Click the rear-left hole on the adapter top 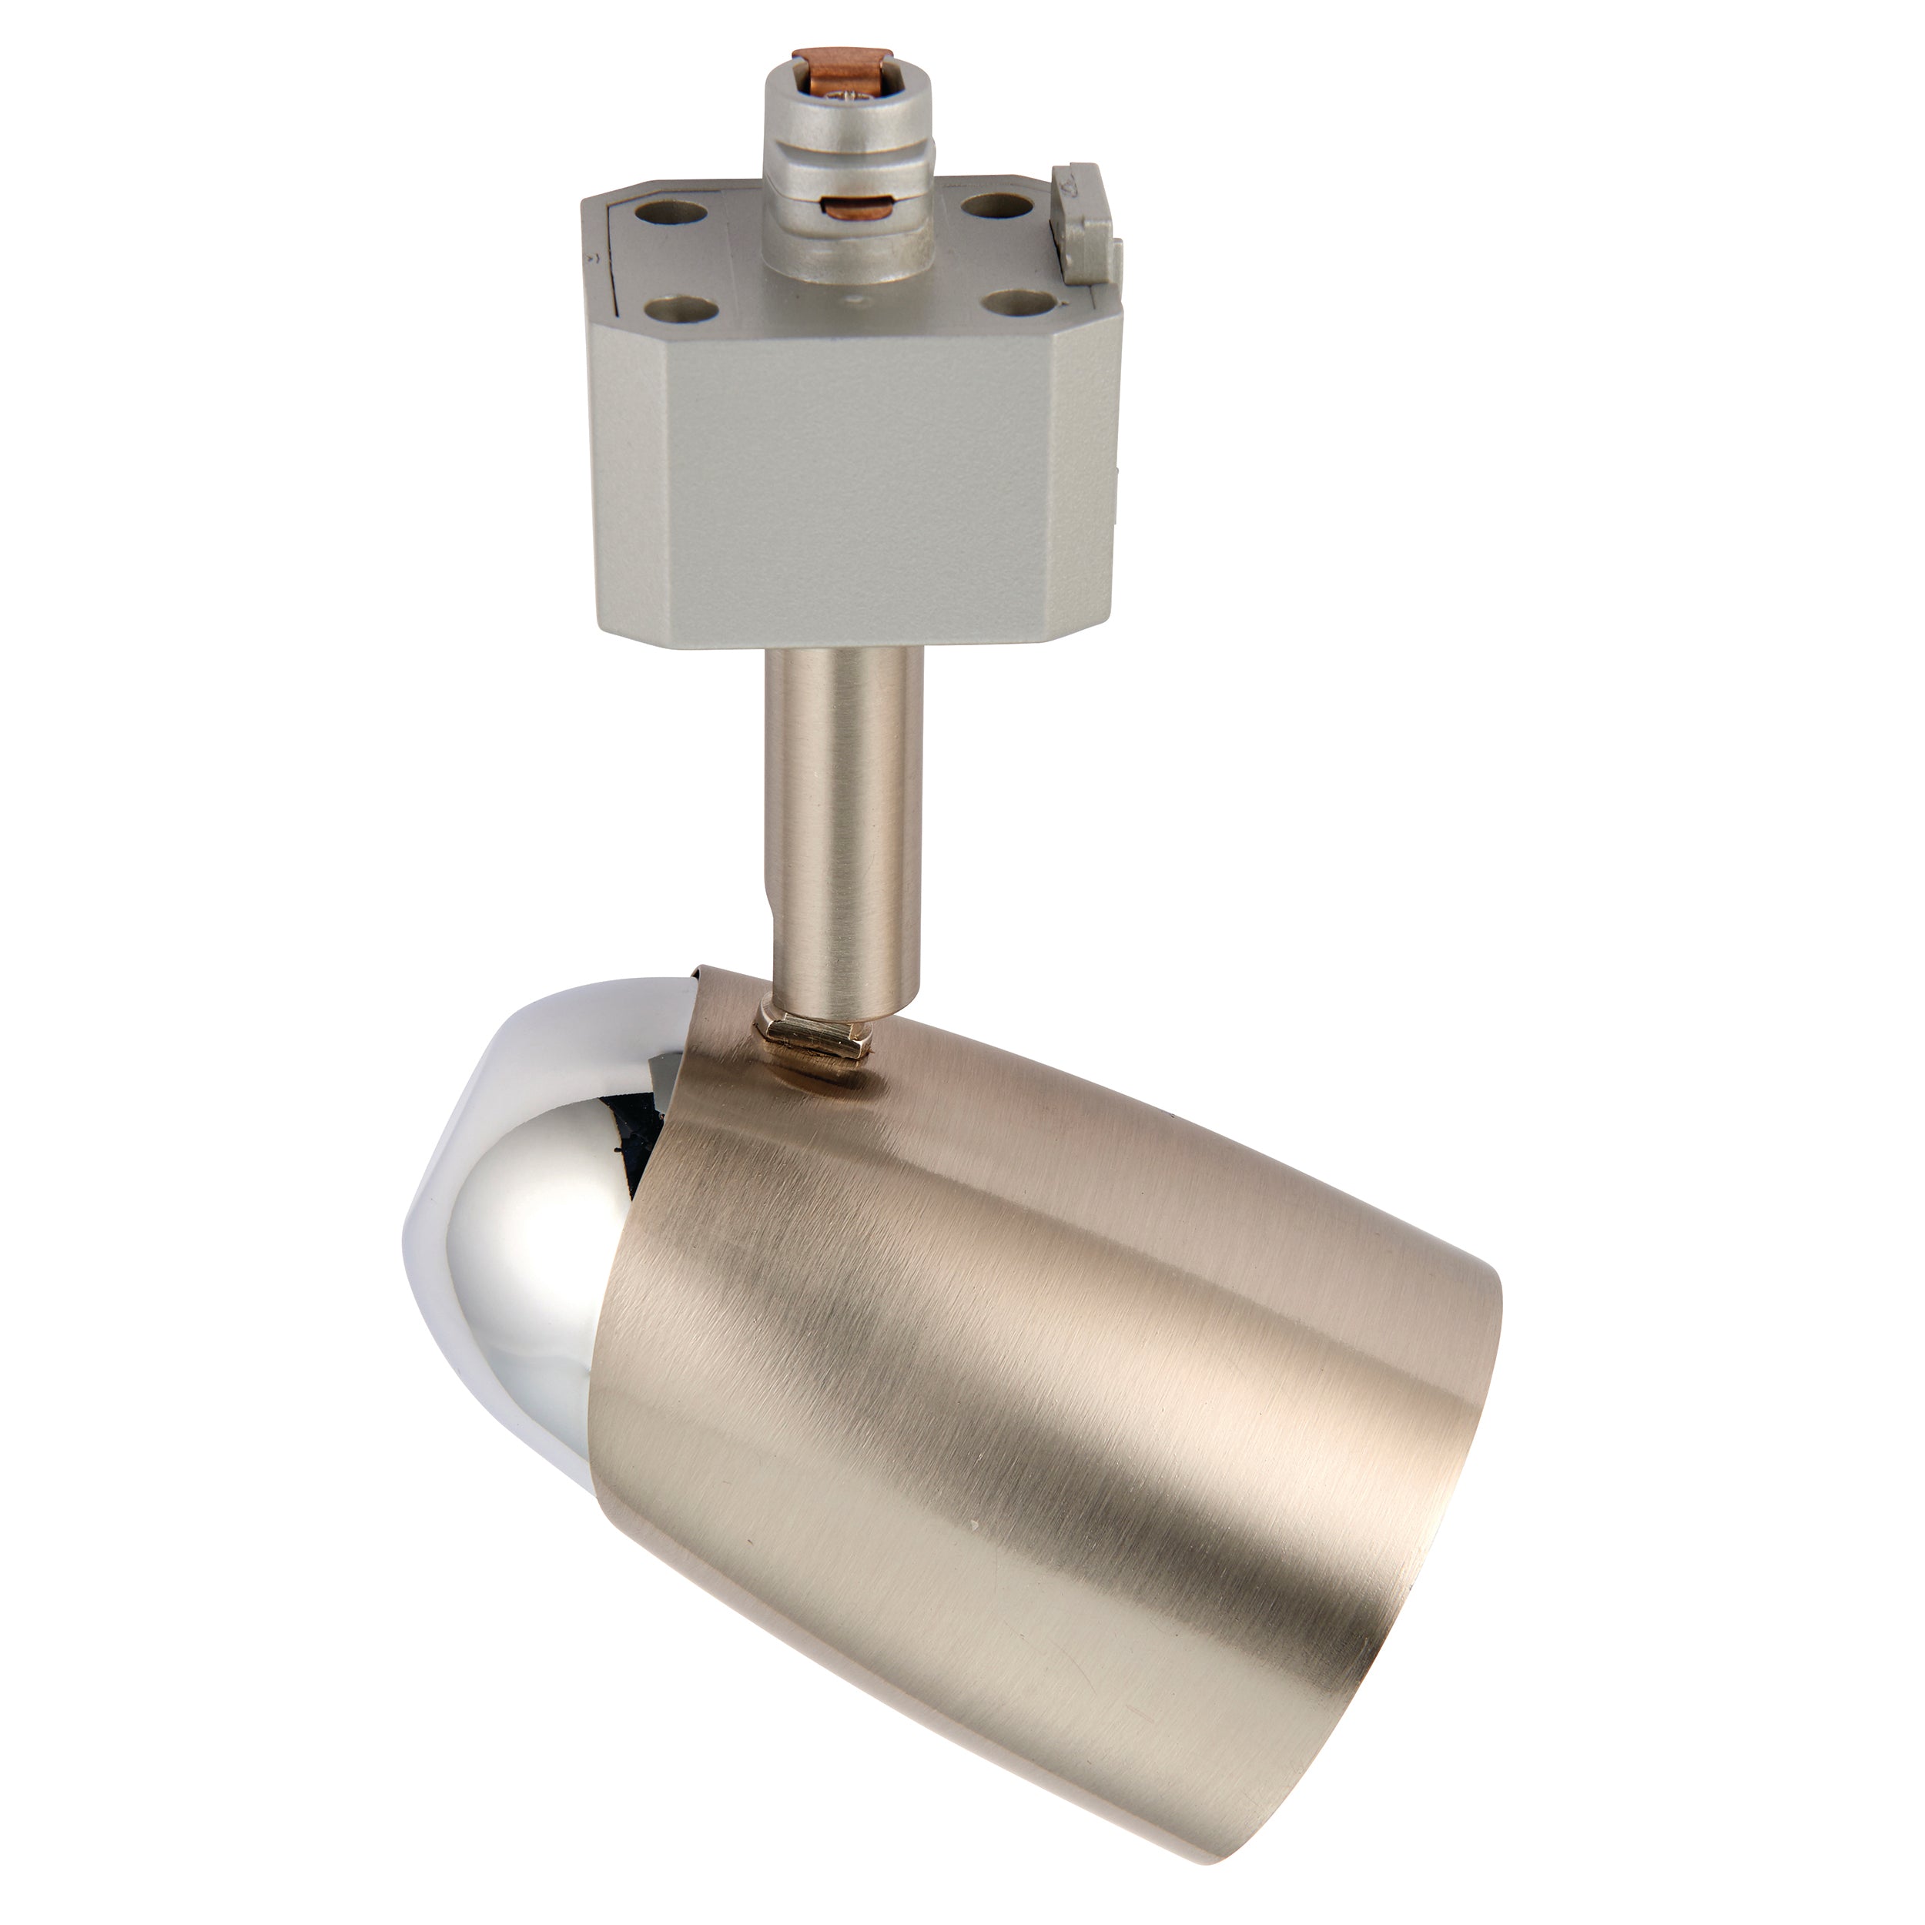click(680, 213)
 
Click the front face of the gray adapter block click(847, 498)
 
